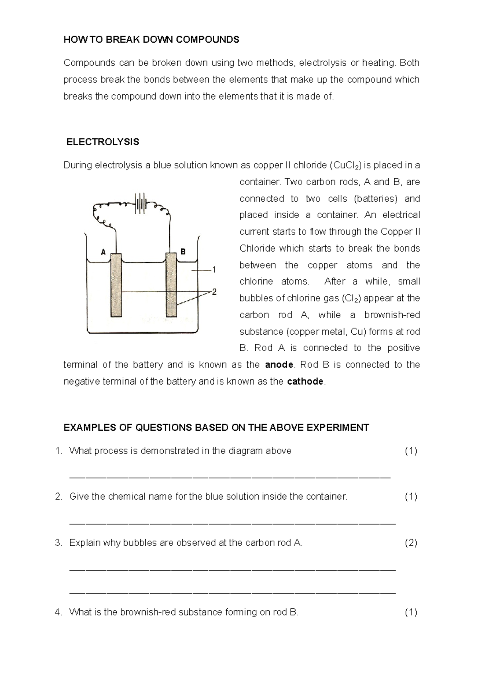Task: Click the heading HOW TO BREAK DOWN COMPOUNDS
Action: [151, 39]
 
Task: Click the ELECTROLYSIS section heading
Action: [102, 142]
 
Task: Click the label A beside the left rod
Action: [103, 252]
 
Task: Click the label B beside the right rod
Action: [183, 252]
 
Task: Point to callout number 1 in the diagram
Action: [214, 270]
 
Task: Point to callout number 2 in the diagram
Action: [214, 292]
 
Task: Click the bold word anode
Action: [279, 365]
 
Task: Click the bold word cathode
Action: [305, 381]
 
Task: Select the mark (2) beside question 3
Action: [411, 543]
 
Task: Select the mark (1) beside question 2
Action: [411, 496]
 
